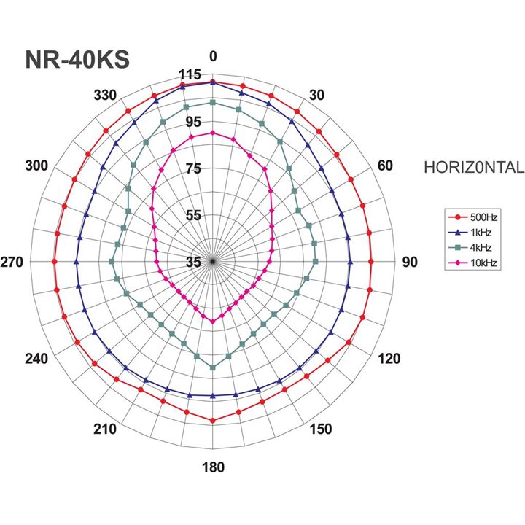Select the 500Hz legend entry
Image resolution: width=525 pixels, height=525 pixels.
[472, 217]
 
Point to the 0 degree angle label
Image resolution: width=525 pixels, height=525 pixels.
[213, 57]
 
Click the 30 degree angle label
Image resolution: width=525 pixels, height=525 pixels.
[316, 95]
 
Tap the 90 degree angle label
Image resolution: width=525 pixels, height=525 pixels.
[410, 262]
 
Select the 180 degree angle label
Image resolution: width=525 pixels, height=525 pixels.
[213, 467]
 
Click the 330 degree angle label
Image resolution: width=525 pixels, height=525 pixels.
[106, 95]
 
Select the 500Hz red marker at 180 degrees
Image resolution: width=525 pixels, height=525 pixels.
[213, 421]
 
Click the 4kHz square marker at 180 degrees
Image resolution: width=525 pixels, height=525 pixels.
[213, 367]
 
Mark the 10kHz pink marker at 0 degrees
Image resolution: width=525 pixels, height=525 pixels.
[213, 133]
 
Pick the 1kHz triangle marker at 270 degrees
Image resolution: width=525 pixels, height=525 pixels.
[77, 261]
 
